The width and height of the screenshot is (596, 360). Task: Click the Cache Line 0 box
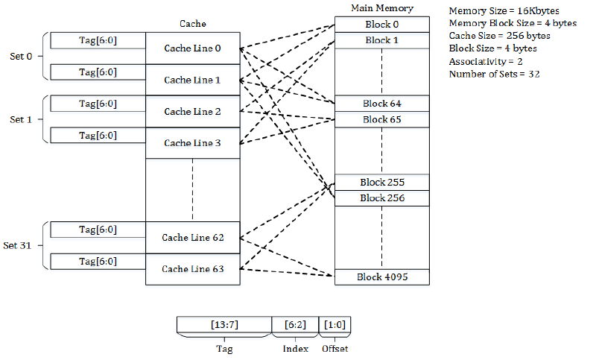click(x=192, y=48)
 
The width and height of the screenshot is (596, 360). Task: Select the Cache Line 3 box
click(x=192, y=142)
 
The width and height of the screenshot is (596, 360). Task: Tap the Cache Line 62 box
click(x=192, y=238)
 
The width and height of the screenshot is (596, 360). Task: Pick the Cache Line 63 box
click(x=192, y=269)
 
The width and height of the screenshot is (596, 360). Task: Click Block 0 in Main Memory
click(x=381, y=25)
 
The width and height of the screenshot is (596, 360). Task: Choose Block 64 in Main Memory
click(x=381, y=104)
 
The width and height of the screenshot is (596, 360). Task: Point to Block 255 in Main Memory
click(x=381, y=183)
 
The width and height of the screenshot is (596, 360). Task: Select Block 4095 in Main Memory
click(x=381, y=277)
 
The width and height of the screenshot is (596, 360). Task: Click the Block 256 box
click(x=381, y=198)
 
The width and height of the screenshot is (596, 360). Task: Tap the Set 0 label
click(x=21, y=56)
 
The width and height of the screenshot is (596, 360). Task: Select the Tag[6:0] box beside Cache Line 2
click(x=98, y=104)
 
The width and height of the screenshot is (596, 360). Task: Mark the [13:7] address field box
click(x=223, y=325)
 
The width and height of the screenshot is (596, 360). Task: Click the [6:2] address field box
click(x=294, y=325)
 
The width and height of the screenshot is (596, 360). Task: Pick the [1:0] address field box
click(x=334, y=325)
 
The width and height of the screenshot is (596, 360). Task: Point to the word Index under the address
click(x=295, y=348)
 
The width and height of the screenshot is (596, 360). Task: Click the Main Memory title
click(x=381, y=8)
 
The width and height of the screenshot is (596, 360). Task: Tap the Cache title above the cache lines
click(x=192, y=24)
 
